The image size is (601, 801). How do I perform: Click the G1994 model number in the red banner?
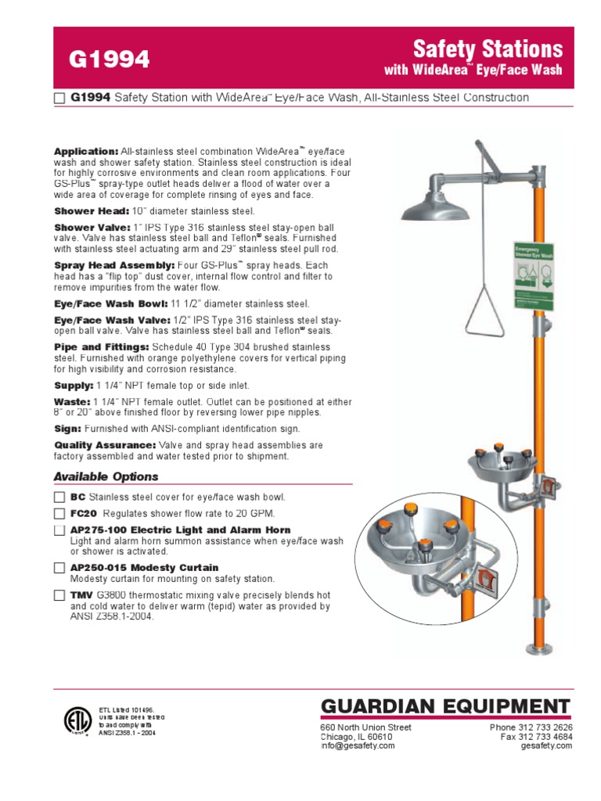pos(110,59)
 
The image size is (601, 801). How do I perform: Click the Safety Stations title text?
pos(488,49)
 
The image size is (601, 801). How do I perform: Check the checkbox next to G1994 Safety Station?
pos(59,99)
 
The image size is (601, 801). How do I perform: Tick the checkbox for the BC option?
pos(59,497)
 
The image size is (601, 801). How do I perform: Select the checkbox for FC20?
pos(59,514)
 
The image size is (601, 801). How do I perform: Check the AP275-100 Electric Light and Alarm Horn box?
pos(59,530)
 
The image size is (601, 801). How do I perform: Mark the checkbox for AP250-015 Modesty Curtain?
pos(59,568)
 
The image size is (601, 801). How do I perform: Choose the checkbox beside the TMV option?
pos(59,595)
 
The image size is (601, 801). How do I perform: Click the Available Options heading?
pos(106,476)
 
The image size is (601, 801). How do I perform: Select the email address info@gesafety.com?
pos(358,746)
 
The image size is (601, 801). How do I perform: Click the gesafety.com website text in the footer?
pos(546,746)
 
